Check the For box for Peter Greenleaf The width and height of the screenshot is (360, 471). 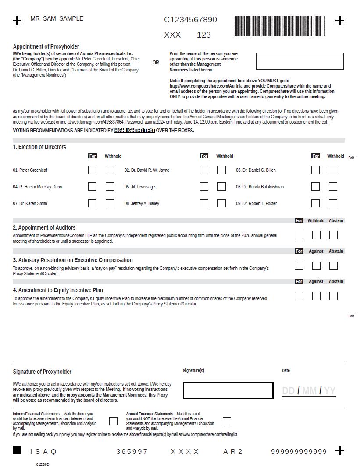coord(92,170)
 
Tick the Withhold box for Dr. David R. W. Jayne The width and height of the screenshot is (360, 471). coord(221,170)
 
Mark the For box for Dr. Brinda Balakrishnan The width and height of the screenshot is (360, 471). coord(315,187)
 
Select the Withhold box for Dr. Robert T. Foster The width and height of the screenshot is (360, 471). coord(333,203)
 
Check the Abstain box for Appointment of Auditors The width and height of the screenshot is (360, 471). coord(333,235)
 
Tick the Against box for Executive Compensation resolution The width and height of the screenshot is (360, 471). coord(316,266)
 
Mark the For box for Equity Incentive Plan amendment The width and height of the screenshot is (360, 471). coord(299,296)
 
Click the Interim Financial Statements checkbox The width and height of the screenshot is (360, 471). coord(113,421)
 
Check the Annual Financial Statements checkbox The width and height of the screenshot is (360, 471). coord(227,421)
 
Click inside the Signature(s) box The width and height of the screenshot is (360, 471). coord(228,390)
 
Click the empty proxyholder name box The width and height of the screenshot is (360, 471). coord(299,61)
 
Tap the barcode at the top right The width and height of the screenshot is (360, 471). coord(279,26)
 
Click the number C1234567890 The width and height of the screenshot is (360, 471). coord(190,20)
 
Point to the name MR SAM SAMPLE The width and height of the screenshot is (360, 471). coord(57,18)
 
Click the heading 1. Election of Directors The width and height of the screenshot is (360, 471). coord(39,147)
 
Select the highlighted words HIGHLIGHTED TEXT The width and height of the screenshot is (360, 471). coord(134,131)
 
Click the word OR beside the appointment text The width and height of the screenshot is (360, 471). coord(156,63)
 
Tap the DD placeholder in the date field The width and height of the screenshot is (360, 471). coord(288,391)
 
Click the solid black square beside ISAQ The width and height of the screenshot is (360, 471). coord(17,450)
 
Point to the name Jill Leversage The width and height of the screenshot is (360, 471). coord(139,187)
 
